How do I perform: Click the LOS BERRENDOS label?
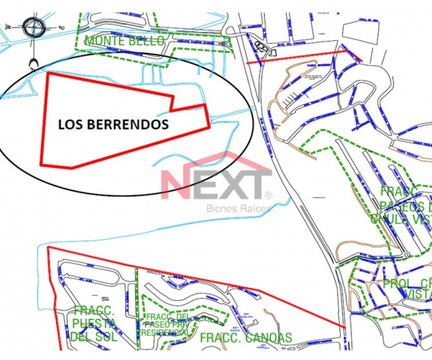[x=113, y=124]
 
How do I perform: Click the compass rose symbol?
[x=35, y=29]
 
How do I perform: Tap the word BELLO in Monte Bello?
[x=148, y=40]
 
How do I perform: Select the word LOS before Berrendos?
[x=70, y=124]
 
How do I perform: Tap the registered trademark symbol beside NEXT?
[x=269, y=195]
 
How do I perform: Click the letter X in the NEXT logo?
[x=227, y=184]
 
